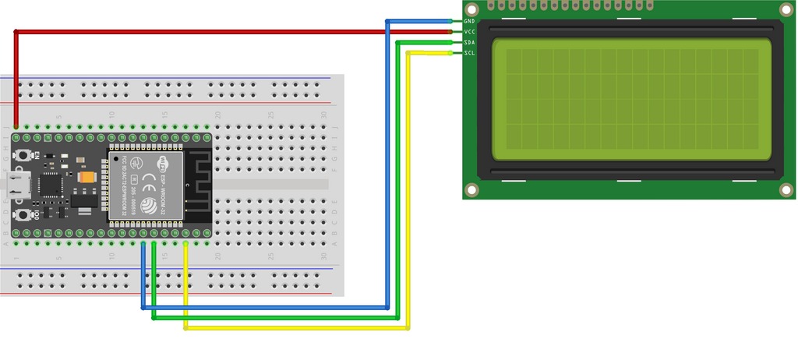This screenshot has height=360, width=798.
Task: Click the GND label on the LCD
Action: pyautogui.click(x=469, y=21)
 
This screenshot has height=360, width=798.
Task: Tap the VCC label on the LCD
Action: pyautogui.click(x=469, y=32)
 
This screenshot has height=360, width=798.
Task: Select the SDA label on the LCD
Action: pyautogui.click(x=469, y=42)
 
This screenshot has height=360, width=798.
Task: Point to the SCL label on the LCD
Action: pyautogui.click(x=469, y=53)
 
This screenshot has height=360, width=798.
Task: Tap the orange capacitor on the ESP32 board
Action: pyautogui.click(x=87, y=178)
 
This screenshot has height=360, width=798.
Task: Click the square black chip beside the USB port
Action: pyautogui.click(x=51, y=185)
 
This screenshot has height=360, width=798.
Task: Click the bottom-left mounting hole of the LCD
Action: pyautogui.click(x=471, y=189)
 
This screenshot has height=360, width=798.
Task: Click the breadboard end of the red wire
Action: pyautogui.click(x=16, y=126)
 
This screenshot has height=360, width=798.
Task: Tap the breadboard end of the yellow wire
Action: pyautogui.click(x=185, y=244)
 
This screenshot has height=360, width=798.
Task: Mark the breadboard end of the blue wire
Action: pyautogui.click(x=143, y=244)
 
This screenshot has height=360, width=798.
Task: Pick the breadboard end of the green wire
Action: pyautogui.click(x=154, y=244)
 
